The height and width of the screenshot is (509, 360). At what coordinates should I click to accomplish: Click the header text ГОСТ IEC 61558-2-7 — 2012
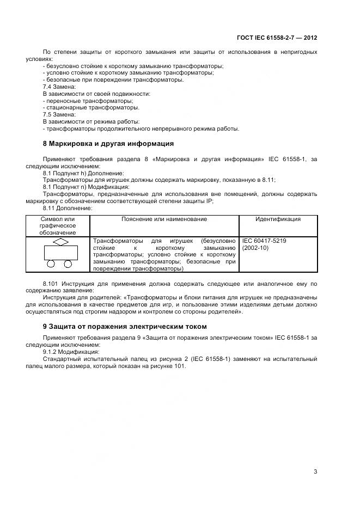(x=277, y=38)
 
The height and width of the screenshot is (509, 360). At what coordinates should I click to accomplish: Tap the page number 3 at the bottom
(x=315, y=471)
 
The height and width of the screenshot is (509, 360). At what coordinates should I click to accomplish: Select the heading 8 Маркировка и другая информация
(x=108, y=144)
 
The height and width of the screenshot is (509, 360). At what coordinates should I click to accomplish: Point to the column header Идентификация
(x=278, y=219)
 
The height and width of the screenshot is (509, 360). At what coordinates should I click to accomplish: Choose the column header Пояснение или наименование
(x=164, y=219)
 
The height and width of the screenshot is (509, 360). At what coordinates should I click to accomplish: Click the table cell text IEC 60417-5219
(x=264, y=240)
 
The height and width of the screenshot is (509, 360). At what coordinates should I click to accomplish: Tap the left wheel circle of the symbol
(x=51, y=264)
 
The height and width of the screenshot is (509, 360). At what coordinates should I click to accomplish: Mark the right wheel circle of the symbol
(x=68, y=264)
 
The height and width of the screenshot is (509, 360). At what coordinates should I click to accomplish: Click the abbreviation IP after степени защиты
(x=211, y=201)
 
